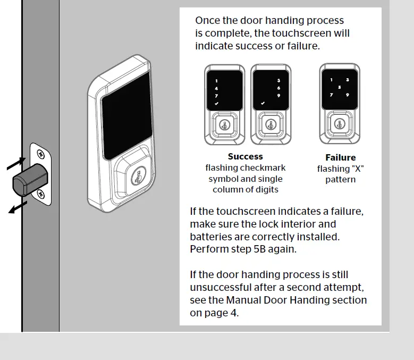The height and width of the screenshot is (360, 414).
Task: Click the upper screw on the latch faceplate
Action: point(40,155)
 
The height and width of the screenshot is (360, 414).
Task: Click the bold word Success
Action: point(245,157)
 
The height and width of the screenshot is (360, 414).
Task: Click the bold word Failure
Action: point(340,157)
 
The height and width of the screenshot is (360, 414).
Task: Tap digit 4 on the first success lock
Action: point(216,88)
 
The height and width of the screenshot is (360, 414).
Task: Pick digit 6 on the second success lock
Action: point(278,88)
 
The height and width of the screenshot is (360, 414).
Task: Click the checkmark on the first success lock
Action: point(216,103)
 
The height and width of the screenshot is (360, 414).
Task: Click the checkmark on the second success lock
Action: point(263,103)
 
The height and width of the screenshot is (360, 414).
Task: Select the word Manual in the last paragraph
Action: point(243,300)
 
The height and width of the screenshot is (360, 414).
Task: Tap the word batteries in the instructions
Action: point(212,236)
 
